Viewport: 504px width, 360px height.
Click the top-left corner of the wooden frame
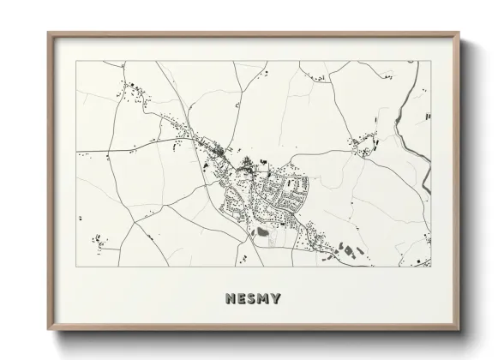48,33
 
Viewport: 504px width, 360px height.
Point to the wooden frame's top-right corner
459,33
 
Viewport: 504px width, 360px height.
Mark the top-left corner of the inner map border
76,61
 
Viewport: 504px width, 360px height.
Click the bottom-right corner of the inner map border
431,267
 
